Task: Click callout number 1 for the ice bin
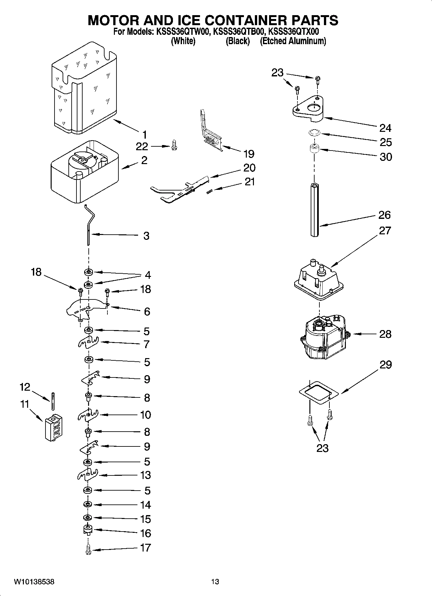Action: pos(145,134)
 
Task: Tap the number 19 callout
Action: pos(249,154)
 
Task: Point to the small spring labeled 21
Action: pos(209,191)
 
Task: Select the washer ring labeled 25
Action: pos(313,132)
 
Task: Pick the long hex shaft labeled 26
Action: pos(315,210)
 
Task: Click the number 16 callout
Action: pos(146,533)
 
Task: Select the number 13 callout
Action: pos(146,475)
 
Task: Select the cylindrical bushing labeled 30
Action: pos(314,150)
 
